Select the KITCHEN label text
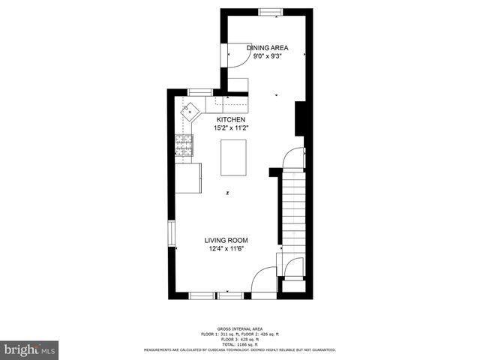(231, 120)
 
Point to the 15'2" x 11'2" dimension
(231, 128)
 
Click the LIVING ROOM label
(227, 240)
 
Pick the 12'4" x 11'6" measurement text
(227, 249)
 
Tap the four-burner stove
(183, 145)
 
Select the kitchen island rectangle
(232, 157)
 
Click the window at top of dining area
(270, 11)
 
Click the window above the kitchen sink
(199, 91)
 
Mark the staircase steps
(294, 217)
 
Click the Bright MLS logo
(30, 349)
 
